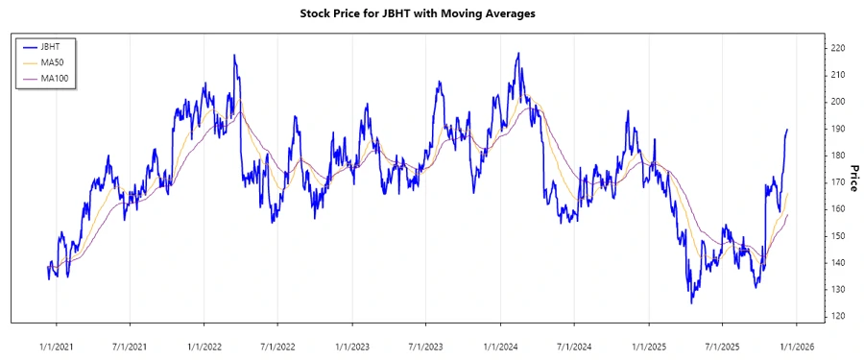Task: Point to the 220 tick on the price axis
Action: (838, 48)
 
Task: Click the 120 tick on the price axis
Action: (838, 316)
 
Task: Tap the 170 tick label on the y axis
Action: (838, 182)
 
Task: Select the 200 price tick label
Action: (838, 102)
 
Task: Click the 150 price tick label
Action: (838, 236)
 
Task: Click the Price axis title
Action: (852, 175)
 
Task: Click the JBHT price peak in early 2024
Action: (518, 54)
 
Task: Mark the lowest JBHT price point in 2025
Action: (691, 303)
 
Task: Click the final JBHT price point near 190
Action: (787, 130)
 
